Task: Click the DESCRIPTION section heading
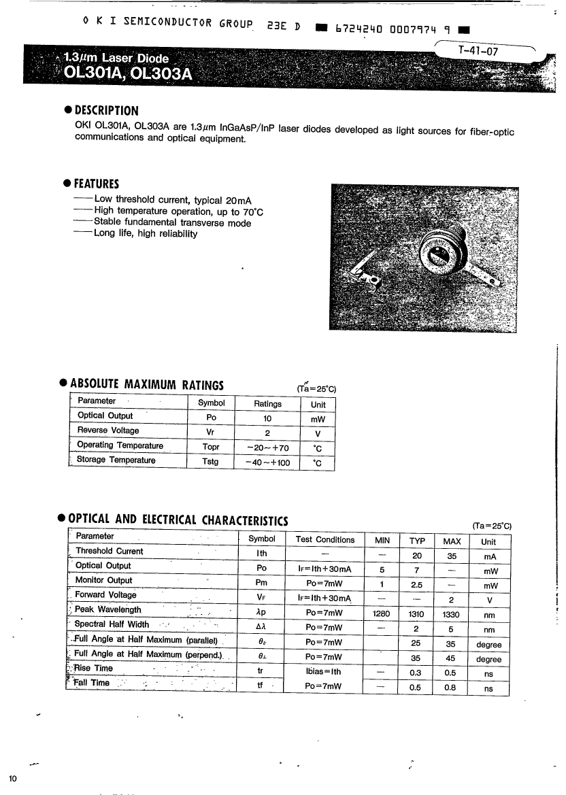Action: click(x=105, y=111)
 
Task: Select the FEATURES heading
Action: click(x=96, y=184)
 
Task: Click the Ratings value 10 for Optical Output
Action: click(x=267, y=418)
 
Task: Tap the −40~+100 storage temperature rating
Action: click(x=267, y=462)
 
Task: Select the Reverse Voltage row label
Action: click(x=108, y=430)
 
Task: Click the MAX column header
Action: click(x=452, y=541)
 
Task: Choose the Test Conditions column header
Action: click(x=325, y=540)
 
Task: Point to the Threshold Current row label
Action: click(x=110, y=552)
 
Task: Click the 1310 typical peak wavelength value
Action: click(x=416, y=614)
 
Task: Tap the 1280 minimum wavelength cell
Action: click(x=382, y=614)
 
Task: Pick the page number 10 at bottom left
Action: click(x=13, y=779)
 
